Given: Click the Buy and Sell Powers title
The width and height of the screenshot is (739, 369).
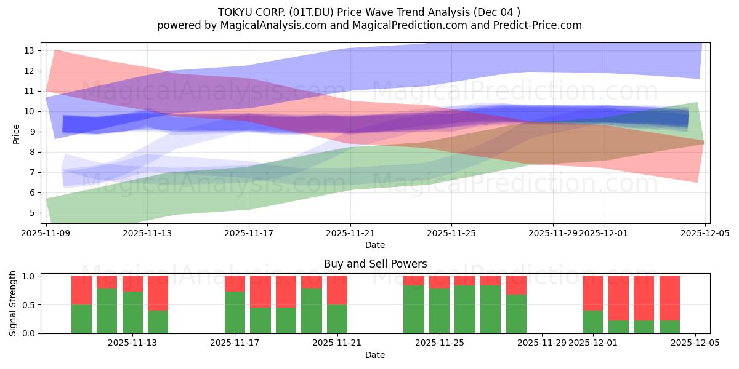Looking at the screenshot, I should click(x=375, y=264).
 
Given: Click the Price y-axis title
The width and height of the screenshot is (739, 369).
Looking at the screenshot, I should click(x=17, y=133).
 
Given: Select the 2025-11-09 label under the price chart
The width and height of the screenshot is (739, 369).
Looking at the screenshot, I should click(x=47, y=233).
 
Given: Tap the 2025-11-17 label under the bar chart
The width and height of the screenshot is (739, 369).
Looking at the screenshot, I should click(x=235, y=343).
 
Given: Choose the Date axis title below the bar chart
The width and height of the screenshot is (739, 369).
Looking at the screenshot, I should click(x=375, y=355).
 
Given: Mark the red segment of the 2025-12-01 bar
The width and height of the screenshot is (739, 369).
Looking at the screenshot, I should click(x=592, y=293).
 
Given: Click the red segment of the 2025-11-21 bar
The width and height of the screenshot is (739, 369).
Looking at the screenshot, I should click(x=337, y=290).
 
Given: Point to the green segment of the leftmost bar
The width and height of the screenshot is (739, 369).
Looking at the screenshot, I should click(x=81, y=319).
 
